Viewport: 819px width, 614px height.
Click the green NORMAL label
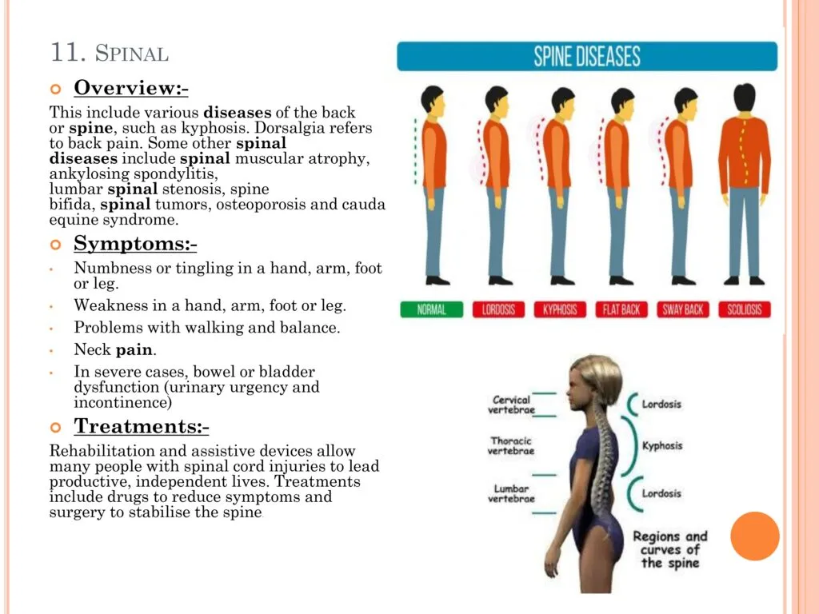click(431, 309)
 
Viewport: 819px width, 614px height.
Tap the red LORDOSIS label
click(498, 309)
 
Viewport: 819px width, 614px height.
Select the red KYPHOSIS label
click(560, 309)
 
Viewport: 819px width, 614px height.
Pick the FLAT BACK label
click(621, 309)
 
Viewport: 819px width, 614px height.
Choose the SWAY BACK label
click(683, 309)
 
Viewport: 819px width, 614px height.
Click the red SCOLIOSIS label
click(745, 309)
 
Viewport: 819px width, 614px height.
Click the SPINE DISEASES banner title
click(587, 57)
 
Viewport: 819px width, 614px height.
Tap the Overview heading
click(131, 88)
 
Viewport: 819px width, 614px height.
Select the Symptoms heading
click(135, 243)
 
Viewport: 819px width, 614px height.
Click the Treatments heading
click(142, 426)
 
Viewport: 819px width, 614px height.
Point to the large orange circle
click(755, 536)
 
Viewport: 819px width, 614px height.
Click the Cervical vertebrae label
click(511, 405)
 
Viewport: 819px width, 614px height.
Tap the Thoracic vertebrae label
click(511, 445)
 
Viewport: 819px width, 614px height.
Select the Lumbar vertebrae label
click(511, 493)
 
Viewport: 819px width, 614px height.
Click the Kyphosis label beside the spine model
click(662, 446)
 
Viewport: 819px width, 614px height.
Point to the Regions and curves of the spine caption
click(670, 549)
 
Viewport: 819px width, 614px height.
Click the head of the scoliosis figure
click(745, 98)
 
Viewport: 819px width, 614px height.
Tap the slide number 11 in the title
click(68, 52)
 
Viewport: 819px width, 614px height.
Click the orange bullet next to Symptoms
click(55, 245)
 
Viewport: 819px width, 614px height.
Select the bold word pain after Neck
click(135, 349)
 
